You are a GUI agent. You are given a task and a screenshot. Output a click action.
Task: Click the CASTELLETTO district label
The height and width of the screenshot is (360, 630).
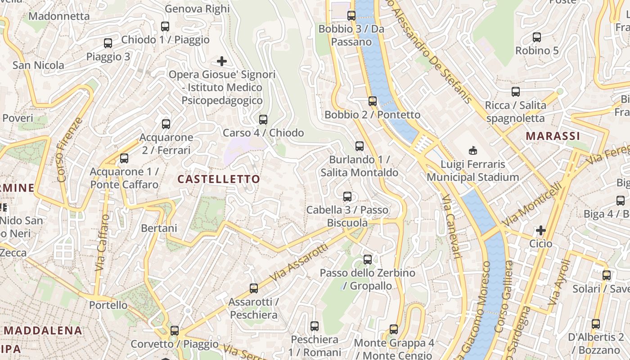coord(219,179)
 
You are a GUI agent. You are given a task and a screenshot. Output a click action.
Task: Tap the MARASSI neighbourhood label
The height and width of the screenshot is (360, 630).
coord(553,136)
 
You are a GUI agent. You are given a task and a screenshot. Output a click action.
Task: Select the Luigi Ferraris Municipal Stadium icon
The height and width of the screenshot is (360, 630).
coord(472,150)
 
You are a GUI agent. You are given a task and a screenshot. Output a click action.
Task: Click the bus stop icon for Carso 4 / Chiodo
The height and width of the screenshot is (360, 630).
coord(263,120)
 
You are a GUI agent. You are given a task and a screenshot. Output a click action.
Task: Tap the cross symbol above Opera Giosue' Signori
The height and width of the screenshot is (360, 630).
coord(222,61)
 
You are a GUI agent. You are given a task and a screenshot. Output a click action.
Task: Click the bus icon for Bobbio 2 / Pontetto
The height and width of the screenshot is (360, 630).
coord(372,101)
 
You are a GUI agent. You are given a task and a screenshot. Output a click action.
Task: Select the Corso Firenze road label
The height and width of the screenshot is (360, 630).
coord(70,150)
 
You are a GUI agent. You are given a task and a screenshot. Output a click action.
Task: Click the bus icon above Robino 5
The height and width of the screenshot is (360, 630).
coord(536,37)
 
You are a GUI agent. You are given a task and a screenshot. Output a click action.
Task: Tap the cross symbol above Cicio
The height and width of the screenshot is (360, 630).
coord(540,231)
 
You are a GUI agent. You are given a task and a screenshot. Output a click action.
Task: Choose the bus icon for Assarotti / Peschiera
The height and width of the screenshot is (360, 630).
coord(254,288)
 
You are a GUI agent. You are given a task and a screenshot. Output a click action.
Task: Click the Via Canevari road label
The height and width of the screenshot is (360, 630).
coord(451,226)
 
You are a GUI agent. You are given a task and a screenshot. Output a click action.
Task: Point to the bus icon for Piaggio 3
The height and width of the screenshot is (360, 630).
coord(108,43)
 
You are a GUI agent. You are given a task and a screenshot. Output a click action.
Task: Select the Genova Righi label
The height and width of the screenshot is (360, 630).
coord(197,9)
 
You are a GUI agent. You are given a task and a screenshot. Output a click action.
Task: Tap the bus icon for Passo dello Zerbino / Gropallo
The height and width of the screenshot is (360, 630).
coord(368,260)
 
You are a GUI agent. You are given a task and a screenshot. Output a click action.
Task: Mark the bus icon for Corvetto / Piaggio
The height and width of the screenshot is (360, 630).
coord(174,331)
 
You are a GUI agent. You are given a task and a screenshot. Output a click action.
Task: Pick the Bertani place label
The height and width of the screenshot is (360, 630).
coord(159,228)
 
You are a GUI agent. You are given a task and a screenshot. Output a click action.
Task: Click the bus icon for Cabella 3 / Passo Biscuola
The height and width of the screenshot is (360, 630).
coord(347,197)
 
